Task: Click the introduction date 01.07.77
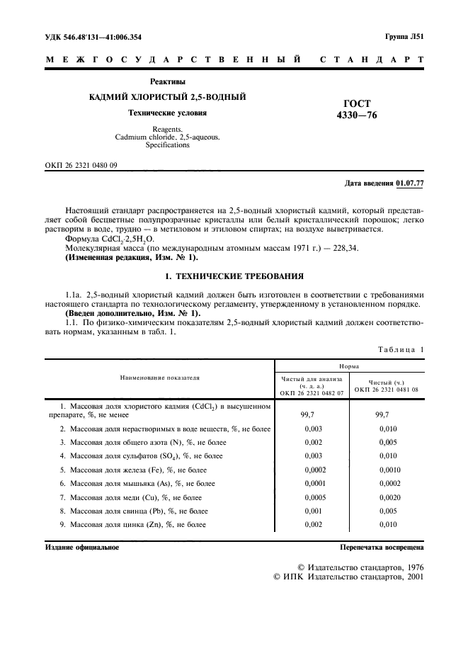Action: pos(409,183)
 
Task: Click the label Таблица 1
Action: pos(401,349)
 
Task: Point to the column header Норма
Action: pos(349,366)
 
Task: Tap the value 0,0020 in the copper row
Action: pos(389,497)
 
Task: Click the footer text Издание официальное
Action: pos(82,547)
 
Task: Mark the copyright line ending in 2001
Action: pos(348,577)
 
